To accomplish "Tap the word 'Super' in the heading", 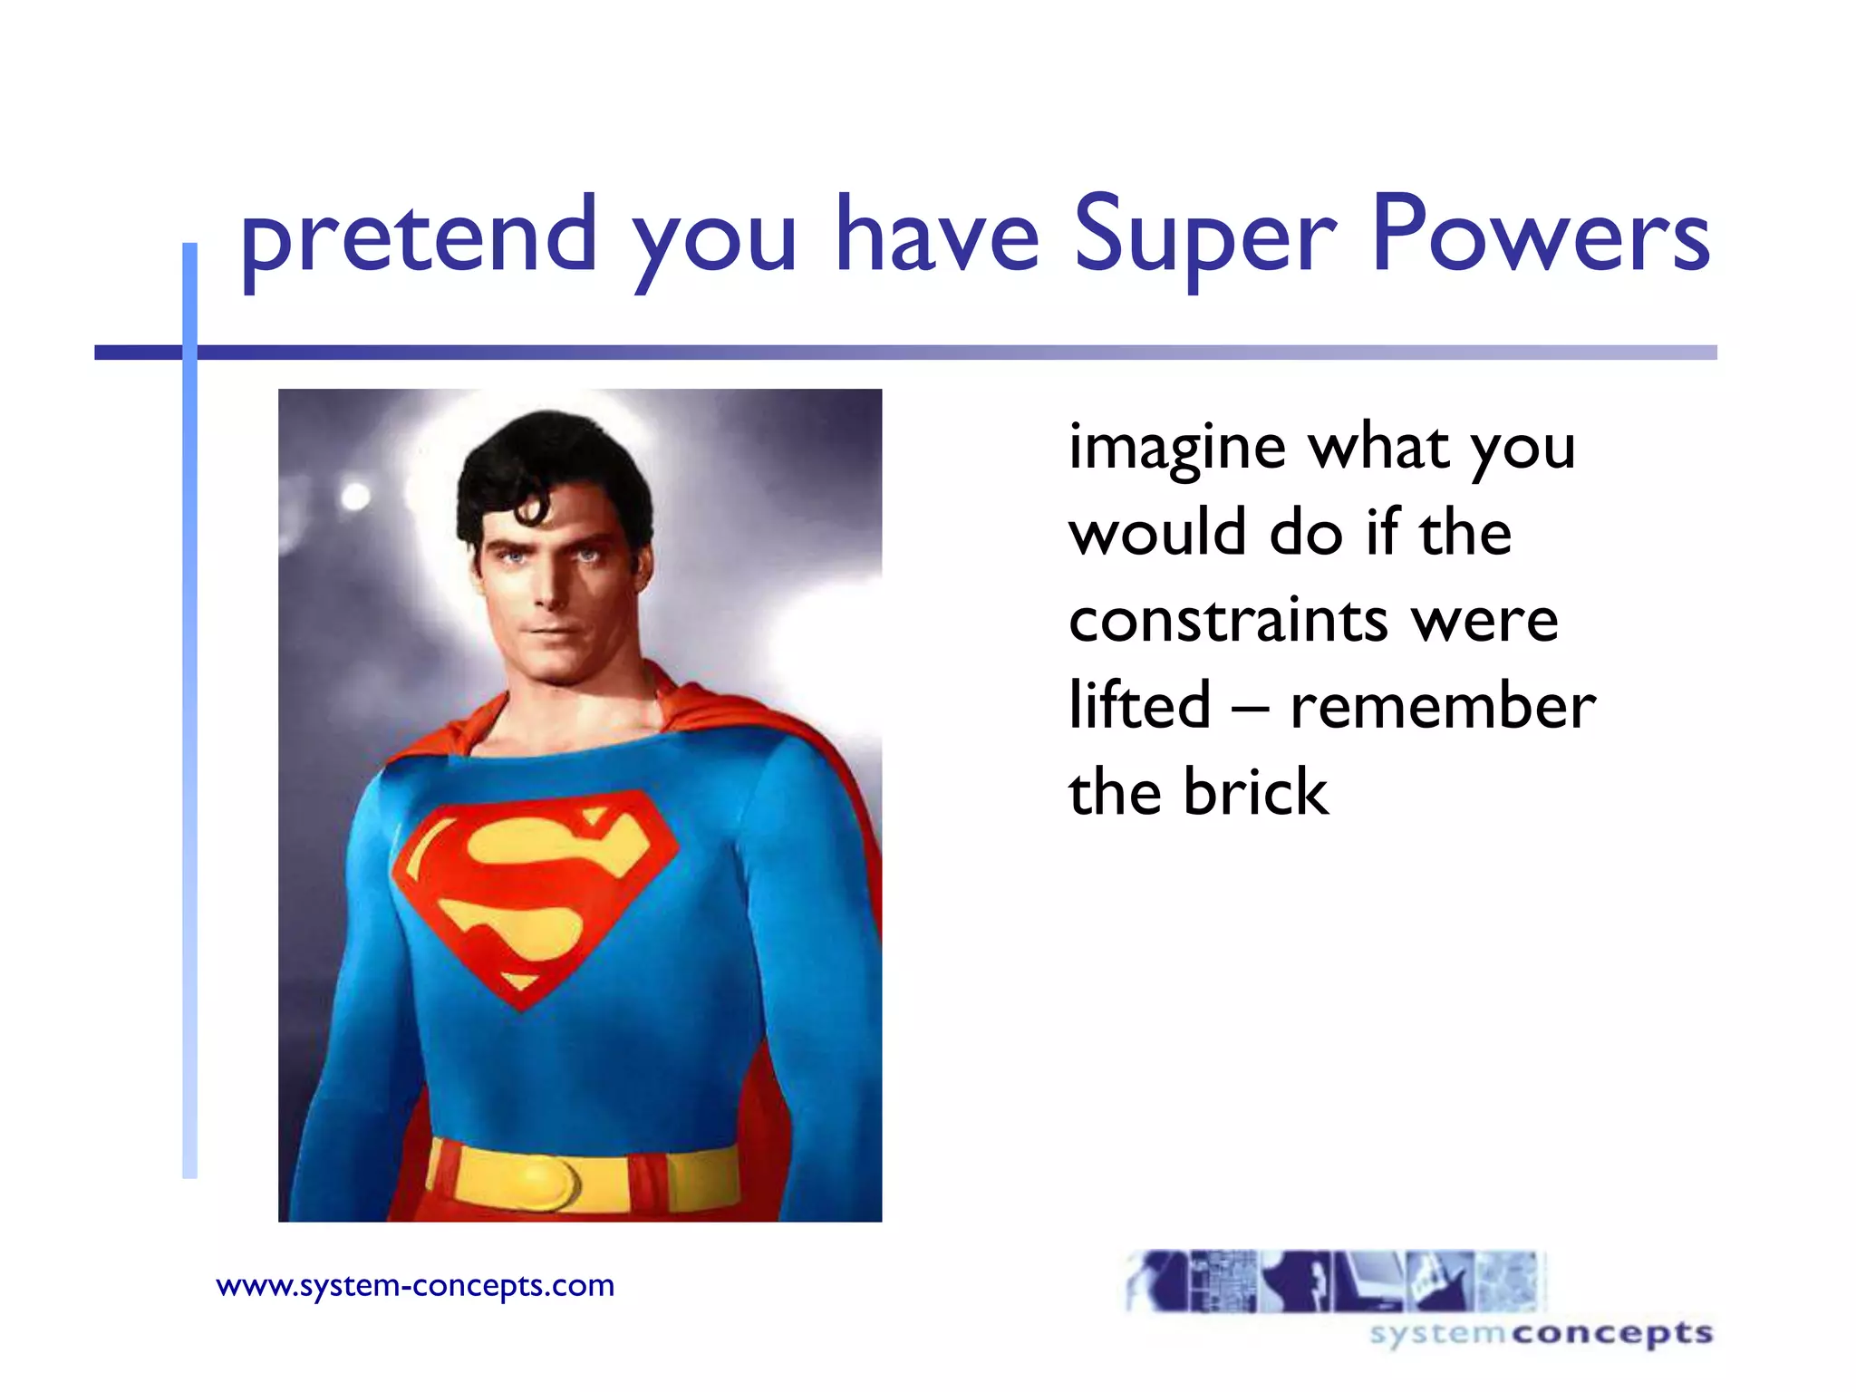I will pyautogui.click(x=1204, y=237).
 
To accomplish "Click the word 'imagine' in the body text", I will pyautogui.click(x=1176, y=449).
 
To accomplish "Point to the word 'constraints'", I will pyautogui.click(x=1228, y=621).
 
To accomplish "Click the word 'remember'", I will pyautogui.click(x=1442, y=707).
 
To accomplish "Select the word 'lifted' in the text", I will pyautogui.click(x=1139, y=705).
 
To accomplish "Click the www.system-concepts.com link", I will pyautogui.click(x=415, y=1285).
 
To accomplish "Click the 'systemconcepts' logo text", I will pyautogui.click(x=1541, y=1334).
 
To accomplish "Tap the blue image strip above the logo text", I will pyautogui.click(x=1333, y=1281).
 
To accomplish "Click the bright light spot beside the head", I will pyautogui.click(x=355, y=496).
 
